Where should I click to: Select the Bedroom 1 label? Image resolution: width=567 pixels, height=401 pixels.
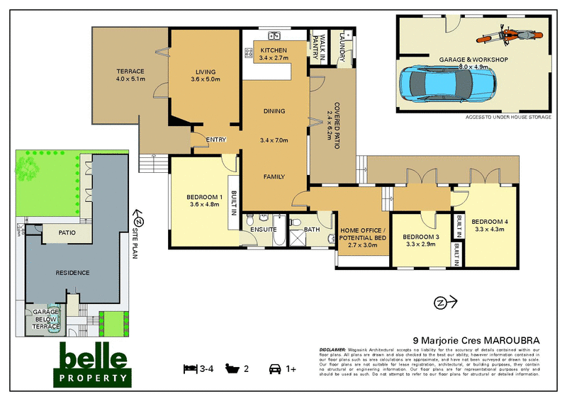pyautogui.click(x=205, y=200)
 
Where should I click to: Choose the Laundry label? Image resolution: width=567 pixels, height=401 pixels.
pyautogui.click(x=347, y=45)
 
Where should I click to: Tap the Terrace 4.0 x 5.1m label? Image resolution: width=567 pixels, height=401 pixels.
pyautogui.click(x=130, y=75)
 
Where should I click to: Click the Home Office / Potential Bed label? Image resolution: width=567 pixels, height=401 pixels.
pyautogui.click(x=363, y=235)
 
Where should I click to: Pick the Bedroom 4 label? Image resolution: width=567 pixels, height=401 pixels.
pyautogui.click(x=490, y=224)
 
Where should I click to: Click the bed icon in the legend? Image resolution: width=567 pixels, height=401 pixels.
pyautogui.click(x=190, y=368)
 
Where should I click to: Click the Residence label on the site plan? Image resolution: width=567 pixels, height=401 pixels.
pyautogui.click(x=73, y=273)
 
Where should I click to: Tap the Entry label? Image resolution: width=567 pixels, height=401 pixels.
pyautogui.click(x=216, y=140)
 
